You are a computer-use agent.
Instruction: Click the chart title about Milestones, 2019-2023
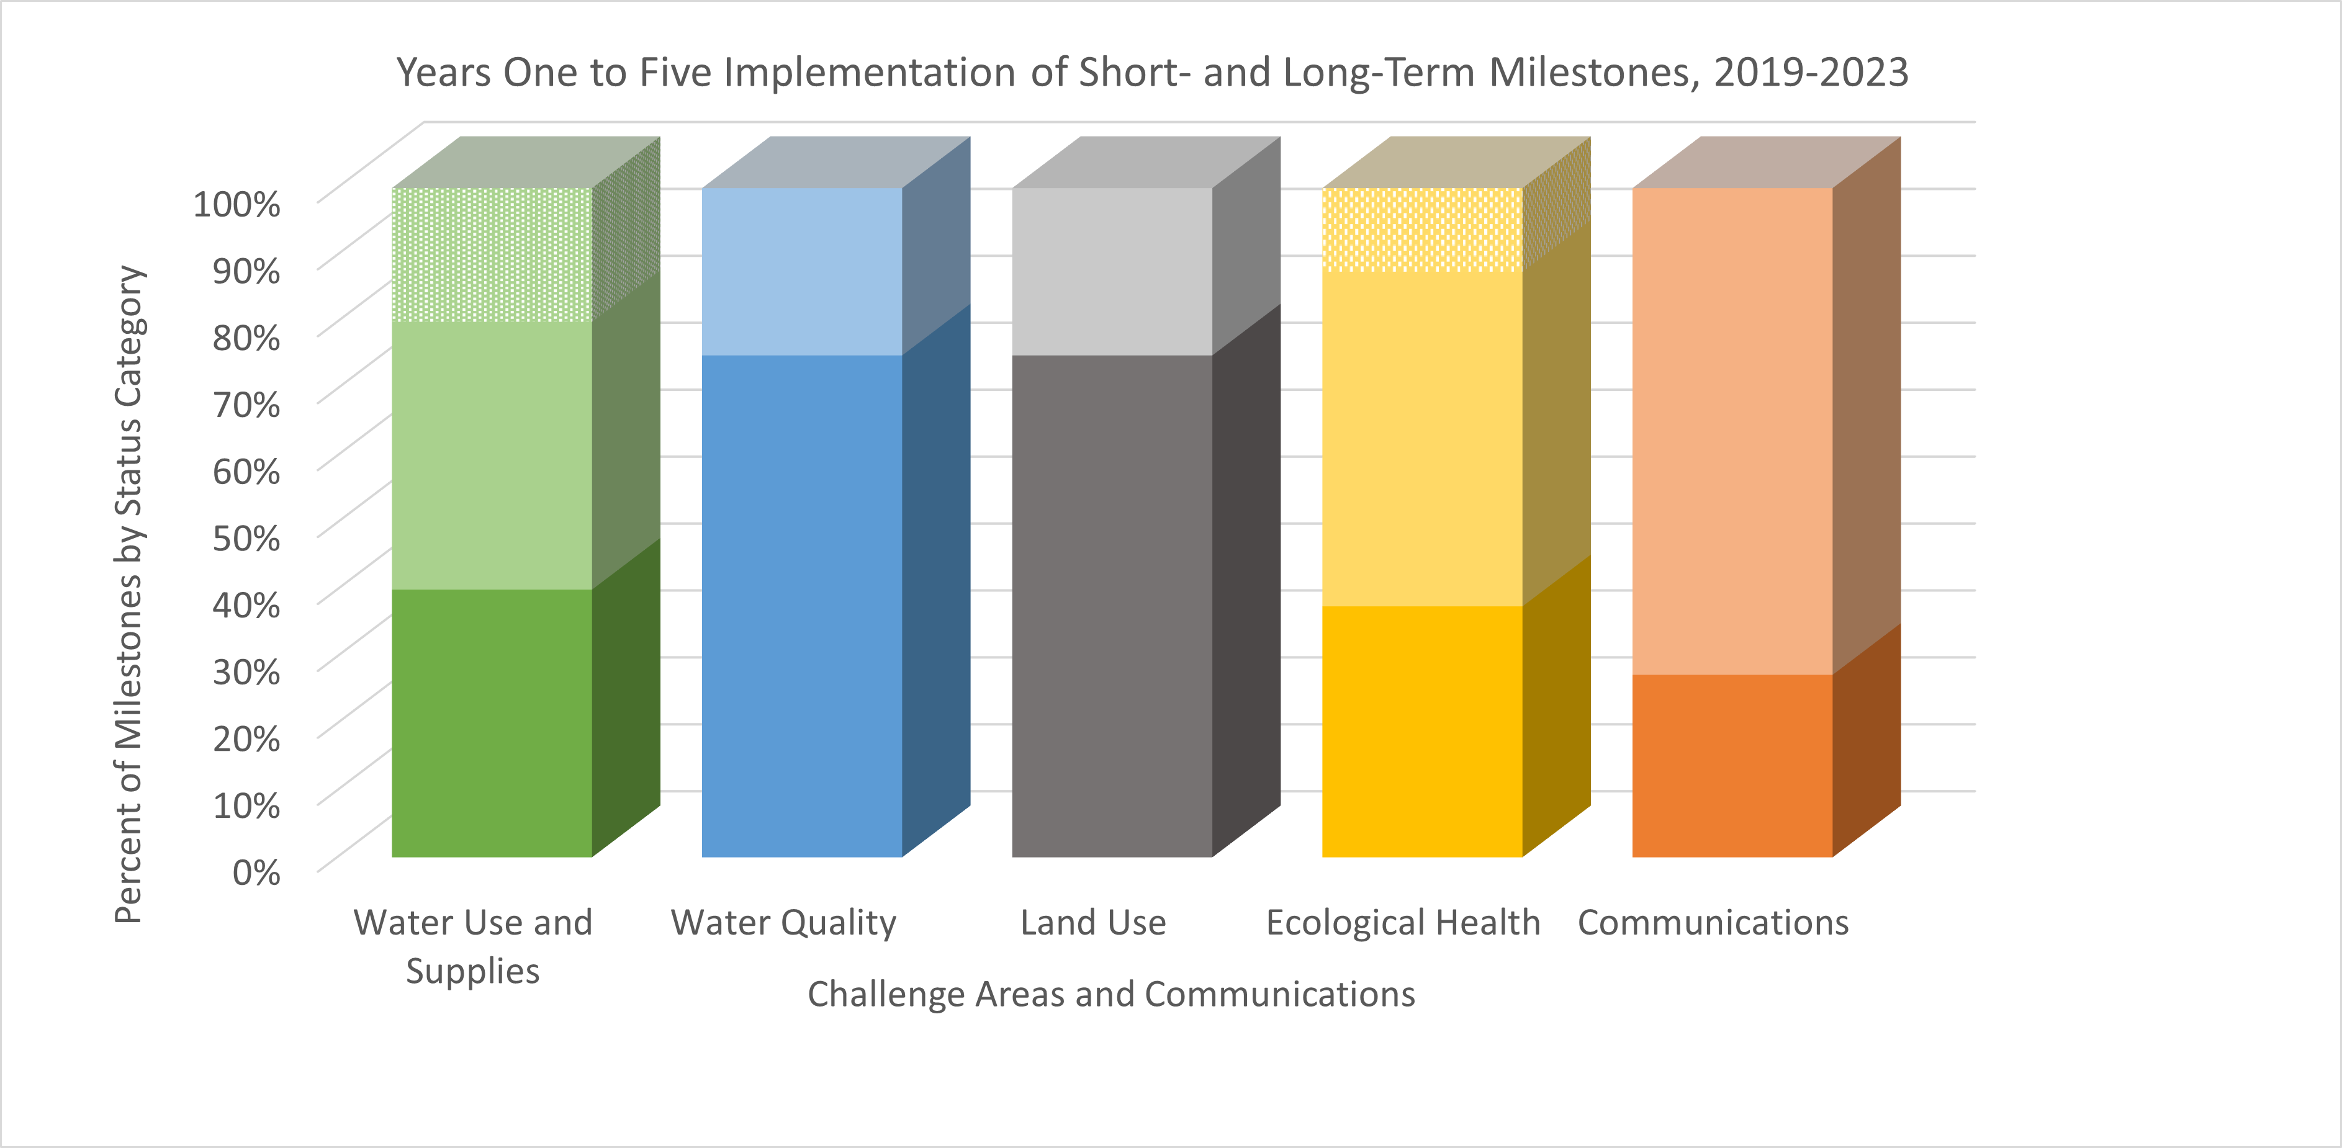coord(1152,73)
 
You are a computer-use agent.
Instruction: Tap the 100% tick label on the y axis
coord(236,204)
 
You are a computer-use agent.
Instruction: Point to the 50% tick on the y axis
coord(246,538)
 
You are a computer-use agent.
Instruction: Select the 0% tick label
coord(256,872)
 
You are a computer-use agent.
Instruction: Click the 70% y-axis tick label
coord(246,405)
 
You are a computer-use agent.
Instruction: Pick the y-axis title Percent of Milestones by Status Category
coord(129,594)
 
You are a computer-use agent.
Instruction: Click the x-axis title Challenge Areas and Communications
coord(1111,994)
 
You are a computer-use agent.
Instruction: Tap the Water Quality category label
coord(784,923)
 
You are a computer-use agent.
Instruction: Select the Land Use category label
coord(1093,923)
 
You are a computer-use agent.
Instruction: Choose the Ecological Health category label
coord(1403,923)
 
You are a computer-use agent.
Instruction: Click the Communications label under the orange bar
coord(1713,923)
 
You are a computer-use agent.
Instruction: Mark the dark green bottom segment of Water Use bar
coord(492,722)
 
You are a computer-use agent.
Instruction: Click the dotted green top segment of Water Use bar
coord(492,254)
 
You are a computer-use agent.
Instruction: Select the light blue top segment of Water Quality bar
coord(802,272)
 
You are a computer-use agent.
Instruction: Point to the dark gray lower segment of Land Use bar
coord(1112,606)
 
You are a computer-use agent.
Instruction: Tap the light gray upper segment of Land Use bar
coord(1112,272)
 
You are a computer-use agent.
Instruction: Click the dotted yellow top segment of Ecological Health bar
coord(1422,230)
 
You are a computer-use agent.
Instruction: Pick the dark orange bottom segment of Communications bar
coord(1732,765)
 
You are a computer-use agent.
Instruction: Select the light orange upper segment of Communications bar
coord(1732,431)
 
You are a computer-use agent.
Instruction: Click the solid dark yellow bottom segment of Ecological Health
coord(1422,732)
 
